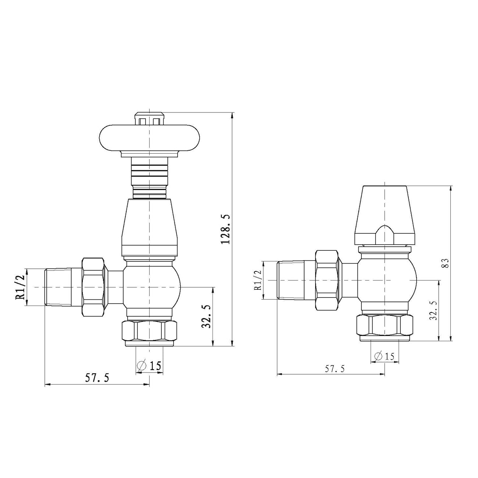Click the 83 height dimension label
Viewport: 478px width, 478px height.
point(446,263)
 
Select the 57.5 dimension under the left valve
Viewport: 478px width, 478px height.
point(97,379)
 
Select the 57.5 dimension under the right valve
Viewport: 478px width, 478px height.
point(335,369)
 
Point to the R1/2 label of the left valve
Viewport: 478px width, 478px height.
point(20,287)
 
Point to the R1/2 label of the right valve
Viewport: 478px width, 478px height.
point(258,280)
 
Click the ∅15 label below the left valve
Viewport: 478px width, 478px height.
point(149,365)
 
